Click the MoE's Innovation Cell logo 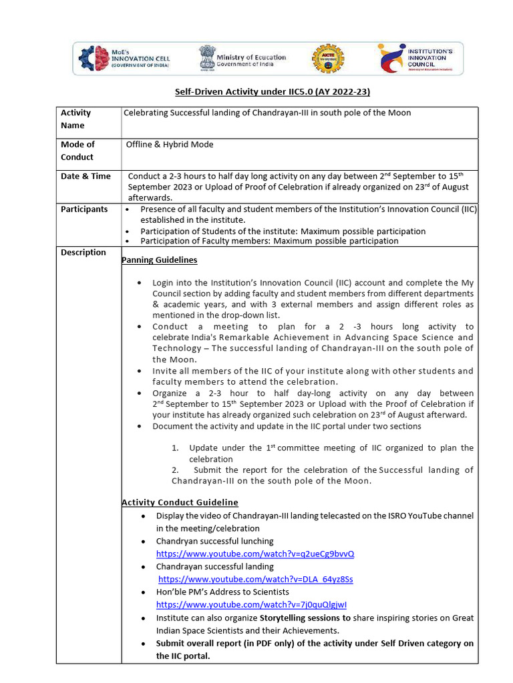(x=124, y=59)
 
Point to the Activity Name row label (x=75, y=119)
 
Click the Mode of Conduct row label (x=77, y=151)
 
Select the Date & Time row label (x=85, y=176)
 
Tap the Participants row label (x=84, y=209)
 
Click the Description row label (x=83, y=252)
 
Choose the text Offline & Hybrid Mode (x=170, y=144)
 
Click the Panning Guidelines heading (x=159, y=259)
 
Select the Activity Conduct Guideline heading (x=180, y=502)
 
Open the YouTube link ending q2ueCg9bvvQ (x=255, y=554)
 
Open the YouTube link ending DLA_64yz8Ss (x=256, y=579)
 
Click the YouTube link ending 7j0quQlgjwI (x=251, y=604)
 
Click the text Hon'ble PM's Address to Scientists (x=222, y=592)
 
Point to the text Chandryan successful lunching (x=214, y=541)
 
